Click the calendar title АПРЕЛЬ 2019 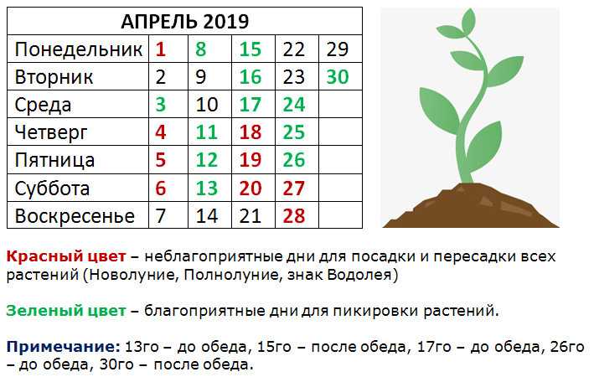click(x=185, y=21)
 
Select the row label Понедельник click(x=79, y=49)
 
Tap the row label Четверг click(x=51, y=132)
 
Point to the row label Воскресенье click(x=75, y=216)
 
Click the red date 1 click(x=161, y=49)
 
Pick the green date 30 click(x=337, y=77)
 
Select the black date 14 click(x=207, y=216)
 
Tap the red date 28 click(x=293, y=216)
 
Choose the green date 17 click(x=251, y=105)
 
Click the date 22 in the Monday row click(x=293, y=49)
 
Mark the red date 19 click(x=251, y=160)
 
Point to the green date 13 click(x=207, y=188)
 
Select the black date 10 click(x=207, y=105)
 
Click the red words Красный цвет click(x=66, y=257)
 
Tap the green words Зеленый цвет click(x=66, y=311)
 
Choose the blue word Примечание click(x=64, y=346)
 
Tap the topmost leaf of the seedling click(x=468, y=22)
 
